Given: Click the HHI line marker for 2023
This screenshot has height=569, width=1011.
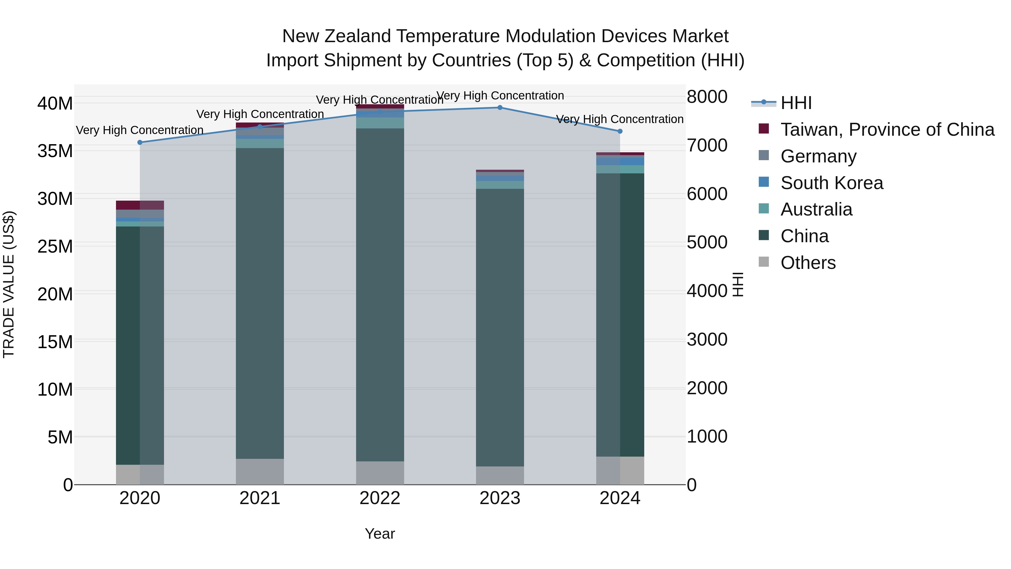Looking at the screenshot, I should pos(500,107).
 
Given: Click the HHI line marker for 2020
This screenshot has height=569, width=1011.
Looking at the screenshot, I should pos(140,142).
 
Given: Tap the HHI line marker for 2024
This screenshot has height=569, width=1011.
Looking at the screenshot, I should pos(620,131).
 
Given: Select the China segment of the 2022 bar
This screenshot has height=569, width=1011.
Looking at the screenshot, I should pos(379,294).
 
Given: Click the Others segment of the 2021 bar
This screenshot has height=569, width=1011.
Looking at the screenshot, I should pos(259,471).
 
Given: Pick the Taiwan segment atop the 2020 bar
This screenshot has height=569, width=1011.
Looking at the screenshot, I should pos(140,205).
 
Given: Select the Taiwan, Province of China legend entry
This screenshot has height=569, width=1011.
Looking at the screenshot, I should pos(887,130).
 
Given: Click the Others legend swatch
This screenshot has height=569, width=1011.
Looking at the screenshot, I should pos(764,262).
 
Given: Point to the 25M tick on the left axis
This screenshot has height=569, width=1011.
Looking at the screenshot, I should pos(55,247).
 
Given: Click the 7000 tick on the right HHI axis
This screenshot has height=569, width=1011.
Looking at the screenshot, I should pos(707,145).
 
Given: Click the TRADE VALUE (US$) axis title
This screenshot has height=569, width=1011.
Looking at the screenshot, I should pos(9,284).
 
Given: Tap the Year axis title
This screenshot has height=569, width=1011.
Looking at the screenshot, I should pos(379,534).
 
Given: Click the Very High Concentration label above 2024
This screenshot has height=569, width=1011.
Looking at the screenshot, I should pos(620,119).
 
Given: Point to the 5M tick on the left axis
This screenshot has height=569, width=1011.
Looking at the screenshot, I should pos(60,437).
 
